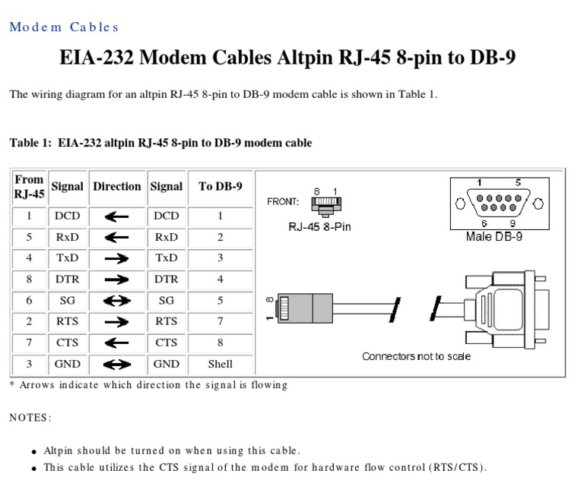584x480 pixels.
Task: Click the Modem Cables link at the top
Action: click(64, 27)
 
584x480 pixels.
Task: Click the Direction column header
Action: click(116, 187)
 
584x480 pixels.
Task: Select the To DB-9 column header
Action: click(220, 187)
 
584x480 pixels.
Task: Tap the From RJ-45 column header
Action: click(30, 187)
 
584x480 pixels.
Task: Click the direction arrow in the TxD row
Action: click(116, 258)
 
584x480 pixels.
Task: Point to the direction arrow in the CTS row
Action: click(116, 343)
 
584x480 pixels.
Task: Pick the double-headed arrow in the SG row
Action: click(116, 301)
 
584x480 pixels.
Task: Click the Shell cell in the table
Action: click(220, 365)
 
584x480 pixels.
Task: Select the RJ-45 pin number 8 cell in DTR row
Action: click(30, 279)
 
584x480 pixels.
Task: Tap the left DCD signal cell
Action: click(68, 216)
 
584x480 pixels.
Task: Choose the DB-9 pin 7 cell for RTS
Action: click(220, 322)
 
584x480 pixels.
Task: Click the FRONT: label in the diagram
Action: click(283, 202)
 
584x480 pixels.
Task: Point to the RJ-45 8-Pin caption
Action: click(319, 227)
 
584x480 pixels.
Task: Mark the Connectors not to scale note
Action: click(416, 356)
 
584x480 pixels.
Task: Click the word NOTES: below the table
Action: click(30, 418)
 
